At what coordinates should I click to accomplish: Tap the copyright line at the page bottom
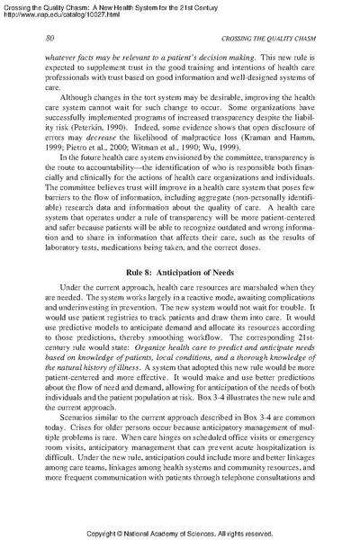(180, 533)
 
